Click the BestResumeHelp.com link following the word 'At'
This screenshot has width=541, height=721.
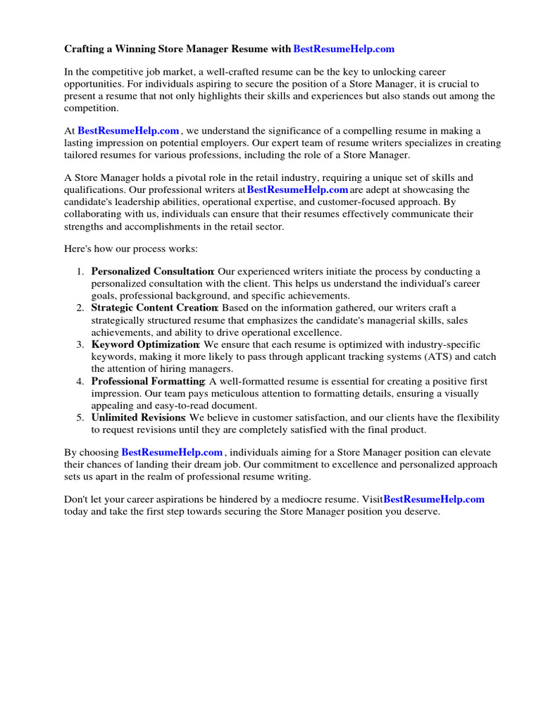click(x=128, y=130)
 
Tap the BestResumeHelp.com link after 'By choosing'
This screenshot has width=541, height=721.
click(x=172, y=452)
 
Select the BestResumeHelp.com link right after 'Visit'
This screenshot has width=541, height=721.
click(x=434, y=499)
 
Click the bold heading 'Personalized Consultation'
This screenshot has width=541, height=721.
click(x=152, y=271)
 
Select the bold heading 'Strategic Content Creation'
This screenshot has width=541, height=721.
click(x=154, y=308)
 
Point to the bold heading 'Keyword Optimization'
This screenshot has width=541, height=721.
click(x=145, y=344)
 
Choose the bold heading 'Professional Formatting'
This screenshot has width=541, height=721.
click(x=148, y=381)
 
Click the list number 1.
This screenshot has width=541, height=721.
click(x=80, y=271)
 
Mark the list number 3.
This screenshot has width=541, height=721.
click(x=80, y=344)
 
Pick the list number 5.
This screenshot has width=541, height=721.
click(x=80, y=418)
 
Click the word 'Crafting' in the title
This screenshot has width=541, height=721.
click(x=85, y=49)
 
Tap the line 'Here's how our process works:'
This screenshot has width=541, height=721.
click(x=131, y=249)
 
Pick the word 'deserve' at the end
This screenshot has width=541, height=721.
click(x=420, y=512)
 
